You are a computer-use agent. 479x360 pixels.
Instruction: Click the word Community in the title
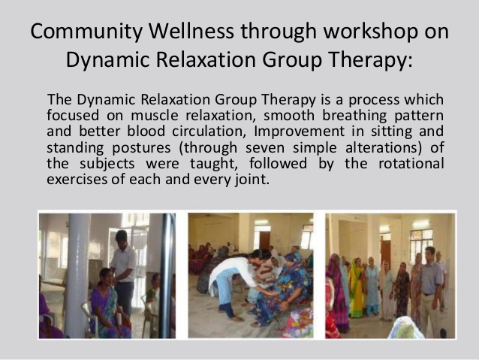[86, 32]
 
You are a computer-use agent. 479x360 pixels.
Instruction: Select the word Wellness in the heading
[191, 31]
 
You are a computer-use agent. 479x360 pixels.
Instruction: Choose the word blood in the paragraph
[146, 132]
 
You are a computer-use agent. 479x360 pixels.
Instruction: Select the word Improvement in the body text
[300, 132]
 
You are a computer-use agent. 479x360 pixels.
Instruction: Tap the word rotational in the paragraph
[411, 163]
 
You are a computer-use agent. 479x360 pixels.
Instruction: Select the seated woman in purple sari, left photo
[107, 303]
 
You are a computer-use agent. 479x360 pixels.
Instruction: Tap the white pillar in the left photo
[77, 275]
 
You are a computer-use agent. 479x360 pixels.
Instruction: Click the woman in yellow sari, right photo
[357, 288]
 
